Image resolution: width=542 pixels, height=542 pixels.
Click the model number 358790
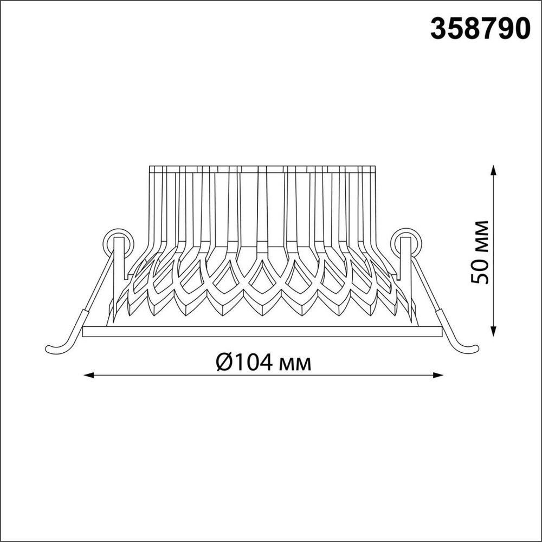(x=480, y=29)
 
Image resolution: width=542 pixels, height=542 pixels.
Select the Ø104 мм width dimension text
(x=263, y=362)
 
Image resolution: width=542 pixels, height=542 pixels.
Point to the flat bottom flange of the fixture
(x=263, y=331)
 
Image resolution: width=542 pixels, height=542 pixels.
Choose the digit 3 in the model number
(x=438, y=29)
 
